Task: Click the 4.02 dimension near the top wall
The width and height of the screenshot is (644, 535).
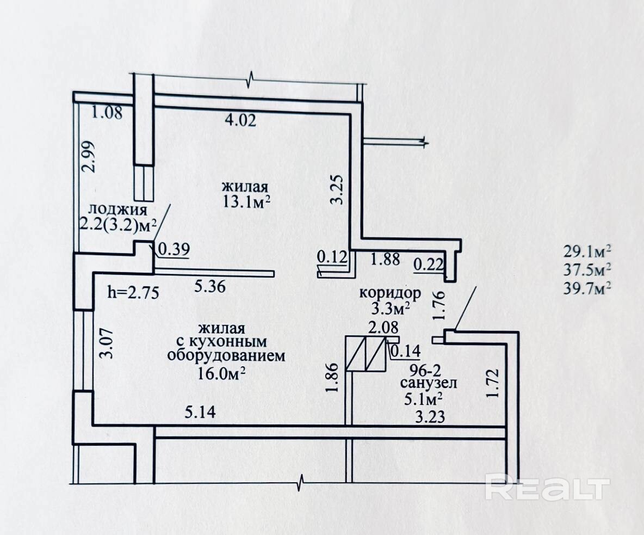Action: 240,120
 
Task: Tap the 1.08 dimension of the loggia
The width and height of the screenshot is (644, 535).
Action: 107,112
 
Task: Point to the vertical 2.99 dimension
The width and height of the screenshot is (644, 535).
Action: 88,157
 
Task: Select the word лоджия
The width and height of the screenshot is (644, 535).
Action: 118,210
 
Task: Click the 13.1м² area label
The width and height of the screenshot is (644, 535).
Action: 245,201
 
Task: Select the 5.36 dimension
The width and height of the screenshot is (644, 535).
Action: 210,286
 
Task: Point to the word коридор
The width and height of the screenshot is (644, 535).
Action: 390,293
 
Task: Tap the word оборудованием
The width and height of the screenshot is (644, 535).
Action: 226,355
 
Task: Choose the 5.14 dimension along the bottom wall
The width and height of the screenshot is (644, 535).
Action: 200,412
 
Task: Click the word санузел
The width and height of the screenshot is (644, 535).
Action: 429,383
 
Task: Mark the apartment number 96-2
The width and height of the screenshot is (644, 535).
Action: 425,370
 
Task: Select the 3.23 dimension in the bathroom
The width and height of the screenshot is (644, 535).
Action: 430,417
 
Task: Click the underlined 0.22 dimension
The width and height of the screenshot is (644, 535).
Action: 429,265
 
